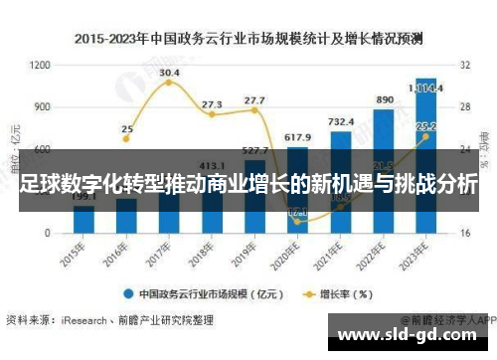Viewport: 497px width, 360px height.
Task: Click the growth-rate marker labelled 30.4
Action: (x=169, y=83)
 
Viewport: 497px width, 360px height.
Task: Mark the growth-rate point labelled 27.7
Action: (x=254, y=109)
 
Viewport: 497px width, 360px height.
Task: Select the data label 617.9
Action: (x=297, y=136)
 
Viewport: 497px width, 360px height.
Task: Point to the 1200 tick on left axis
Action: (x=41, y=65)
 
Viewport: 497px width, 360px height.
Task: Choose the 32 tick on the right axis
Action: (x=465, y=65)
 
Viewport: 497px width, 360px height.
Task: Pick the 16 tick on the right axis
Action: (x=465, y=233)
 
